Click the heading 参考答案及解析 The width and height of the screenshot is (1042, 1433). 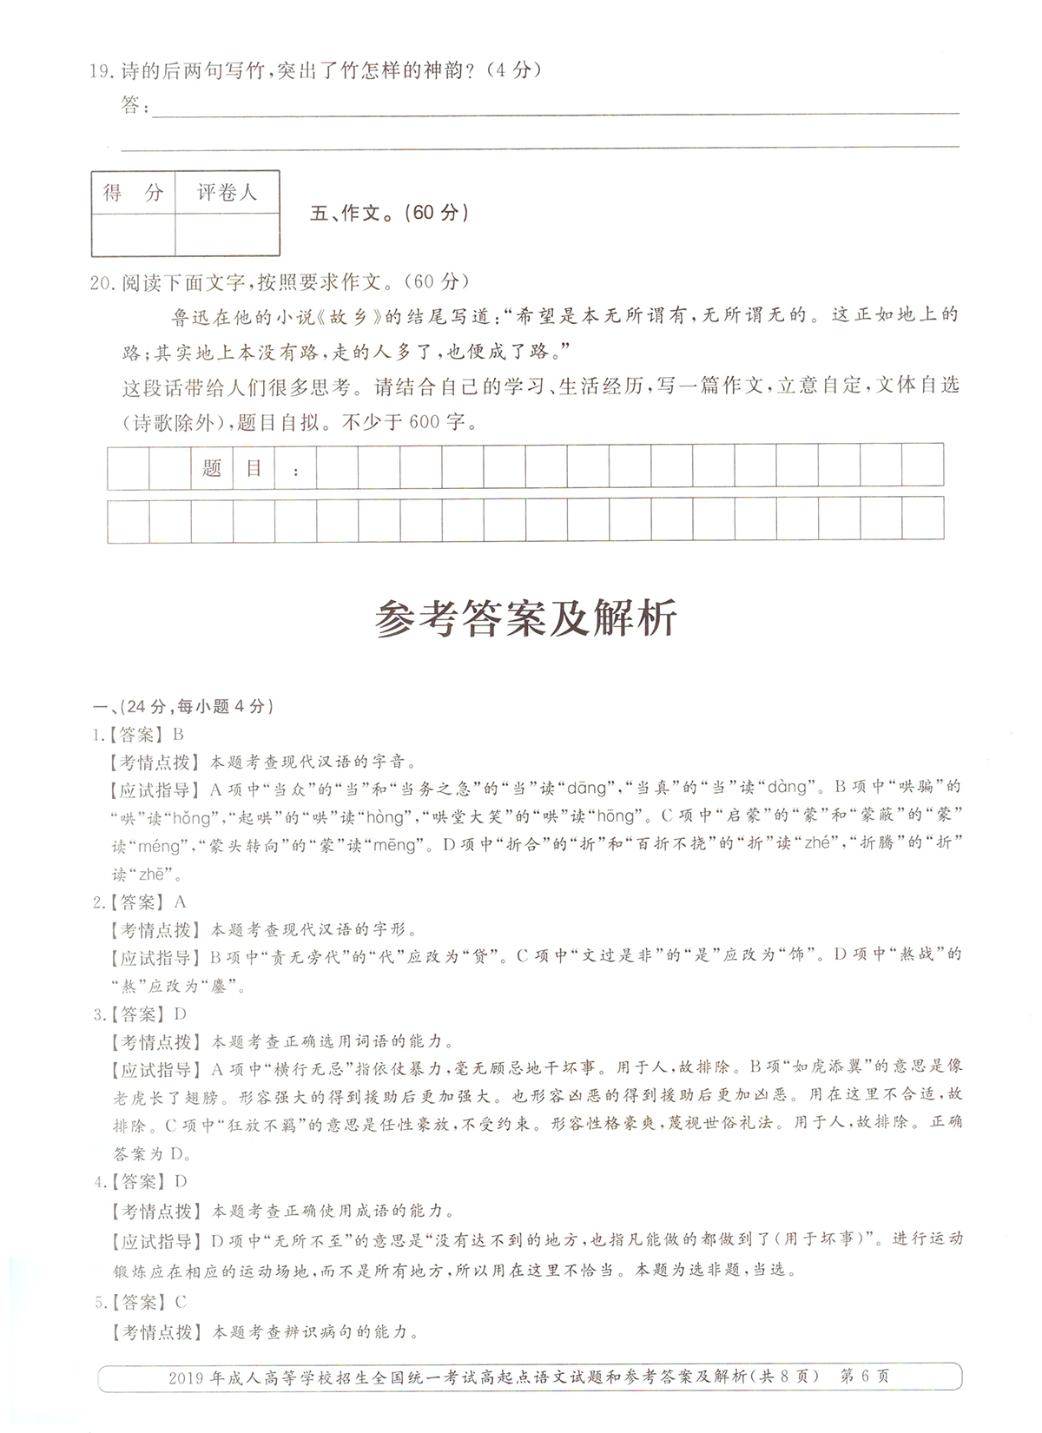[525, 620]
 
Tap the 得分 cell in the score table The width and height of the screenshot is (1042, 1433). [133, 193]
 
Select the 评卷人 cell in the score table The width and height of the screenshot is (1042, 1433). [227, 193]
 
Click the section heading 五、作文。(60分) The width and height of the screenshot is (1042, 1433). [389, 213]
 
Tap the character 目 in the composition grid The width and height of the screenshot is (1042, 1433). [254, 468]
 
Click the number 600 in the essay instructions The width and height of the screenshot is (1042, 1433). [424, 423]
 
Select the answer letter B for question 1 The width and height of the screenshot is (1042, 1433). [179, 735]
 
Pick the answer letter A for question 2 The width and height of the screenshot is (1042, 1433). [180, 902]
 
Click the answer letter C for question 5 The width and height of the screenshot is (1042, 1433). [180, 1302]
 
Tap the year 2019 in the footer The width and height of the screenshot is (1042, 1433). [185, 1377]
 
